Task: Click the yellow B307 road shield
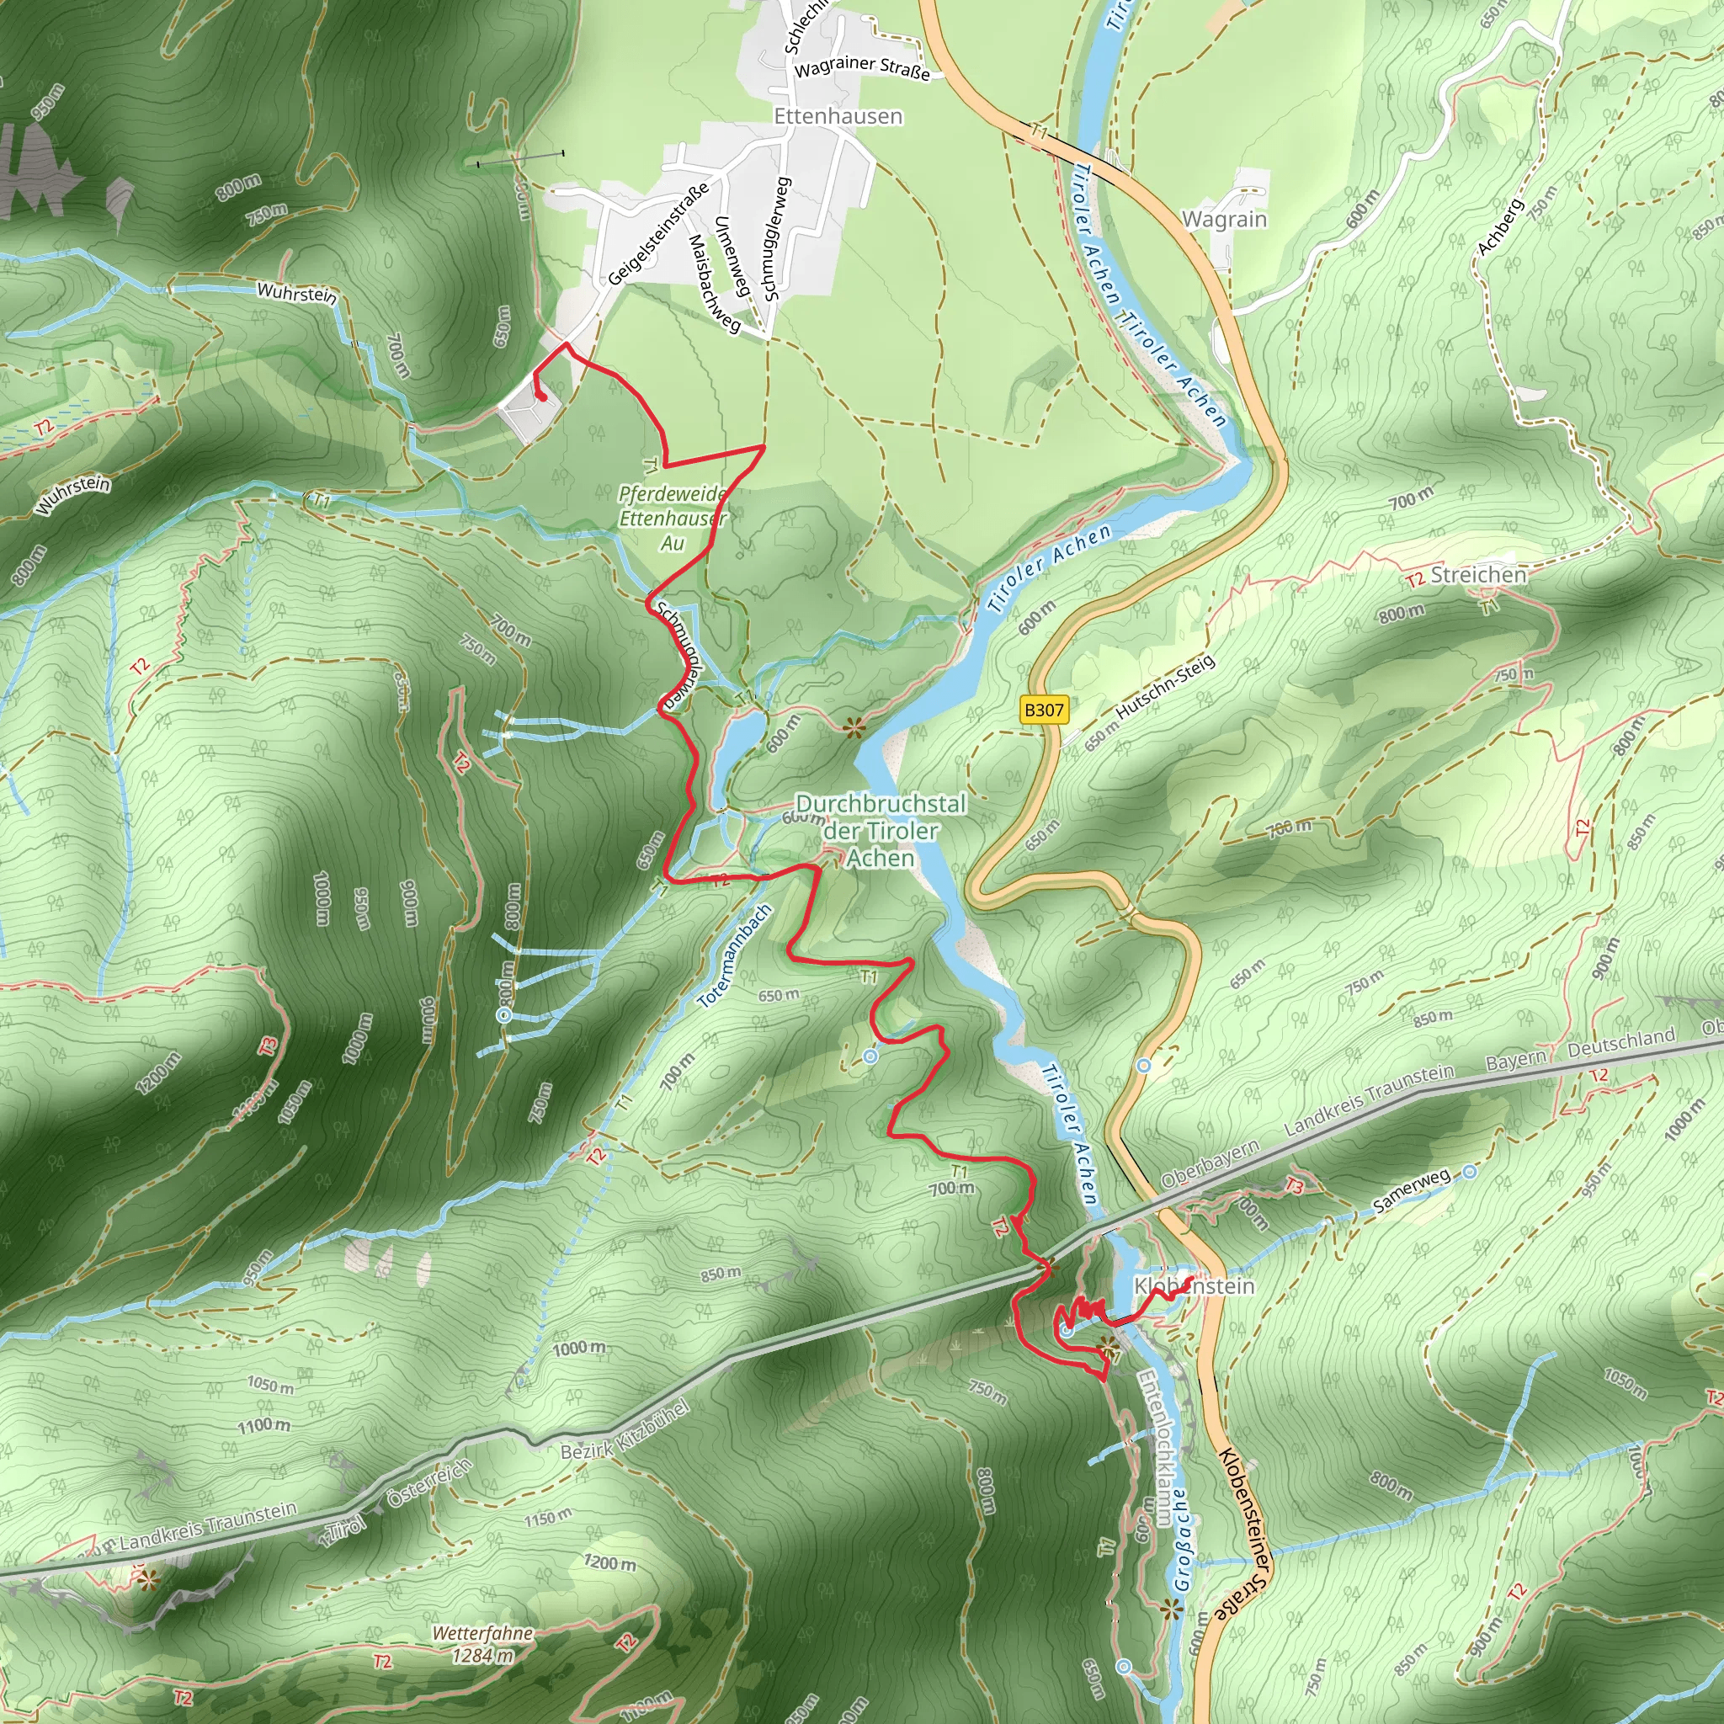click(x=1043, y=710)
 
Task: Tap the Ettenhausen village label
click(x=838, y=117)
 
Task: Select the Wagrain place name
click(x=1224, y=220)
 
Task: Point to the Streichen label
click(x=1478, y=575)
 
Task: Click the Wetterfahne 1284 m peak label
click(x=482, y=1644)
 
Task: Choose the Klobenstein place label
click(x=1194, y=1286)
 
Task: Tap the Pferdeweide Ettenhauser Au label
click(x=673, y=519)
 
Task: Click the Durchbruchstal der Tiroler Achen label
click(x=880, y=831)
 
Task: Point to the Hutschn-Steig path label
click(x=1165, y=687)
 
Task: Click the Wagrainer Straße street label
click(x=862, y=68)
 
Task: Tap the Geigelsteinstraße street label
click(x=658, y=234)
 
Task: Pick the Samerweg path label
click(x=1412, y=1191)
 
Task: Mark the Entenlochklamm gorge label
click(x=1157, y=1446)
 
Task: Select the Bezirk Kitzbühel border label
click(x=625, y=1429)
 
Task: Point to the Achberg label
click(x=1500, y=227)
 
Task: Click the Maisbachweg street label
click(x=714, y=284)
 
